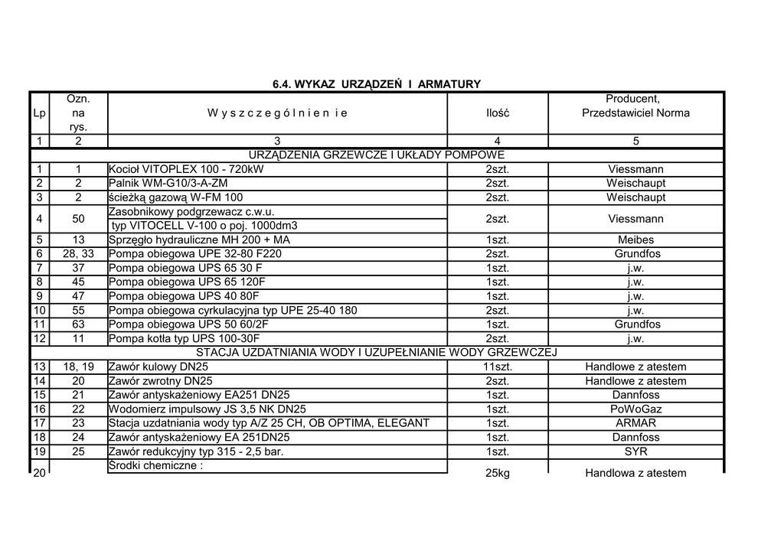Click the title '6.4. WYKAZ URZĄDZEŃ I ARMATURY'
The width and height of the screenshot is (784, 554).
[x=377, y=83]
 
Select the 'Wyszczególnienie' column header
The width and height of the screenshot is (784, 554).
[x=277, y=113]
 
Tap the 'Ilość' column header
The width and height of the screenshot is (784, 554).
[x=497, y=113]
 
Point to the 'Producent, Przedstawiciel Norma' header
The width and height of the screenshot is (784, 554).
[x=635, y=106]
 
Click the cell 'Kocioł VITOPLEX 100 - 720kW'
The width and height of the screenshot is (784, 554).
[x=186, y=169]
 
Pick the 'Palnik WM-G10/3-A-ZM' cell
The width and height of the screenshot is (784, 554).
[x=168, y=184]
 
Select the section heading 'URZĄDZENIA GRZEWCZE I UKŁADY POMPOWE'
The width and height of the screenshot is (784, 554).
[x=377, y=155]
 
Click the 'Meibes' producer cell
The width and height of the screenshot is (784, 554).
[x=635, y=240]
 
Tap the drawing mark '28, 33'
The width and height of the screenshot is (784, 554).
[x=78, y=254]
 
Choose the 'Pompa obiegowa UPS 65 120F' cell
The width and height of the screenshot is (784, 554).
[x=186, y=282]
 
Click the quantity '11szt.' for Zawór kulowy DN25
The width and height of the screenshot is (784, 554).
[x=497, y=367]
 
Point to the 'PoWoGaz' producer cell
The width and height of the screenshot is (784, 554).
[x=635, y=409]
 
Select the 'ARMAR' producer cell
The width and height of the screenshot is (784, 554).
[x=635, y=423]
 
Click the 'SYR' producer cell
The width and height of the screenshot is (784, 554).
[x=635, y=451]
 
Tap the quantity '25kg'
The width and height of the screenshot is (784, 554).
[x=497, y=473]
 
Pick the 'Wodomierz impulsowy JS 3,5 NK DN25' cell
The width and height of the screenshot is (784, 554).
[x=207, y=409]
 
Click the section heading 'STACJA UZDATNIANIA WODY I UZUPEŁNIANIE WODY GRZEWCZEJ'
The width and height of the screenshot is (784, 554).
[x=377, y=353]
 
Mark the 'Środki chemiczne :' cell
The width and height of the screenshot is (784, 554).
[x=155, y=466]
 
